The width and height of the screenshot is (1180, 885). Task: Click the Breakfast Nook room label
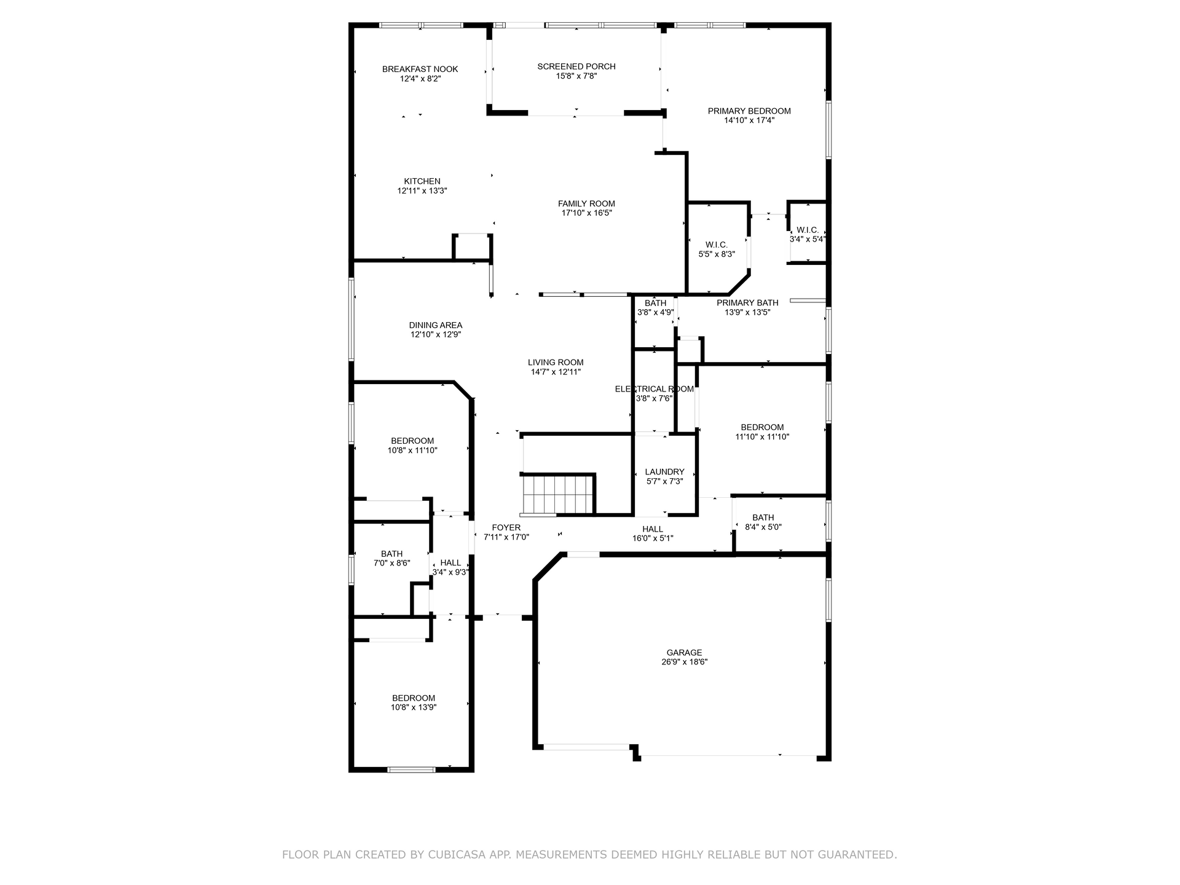(x=420, y=69)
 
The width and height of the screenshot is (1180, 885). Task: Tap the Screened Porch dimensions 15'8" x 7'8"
(x=576, y=76)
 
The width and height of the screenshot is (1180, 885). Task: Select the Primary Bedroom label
(x=749, y=111)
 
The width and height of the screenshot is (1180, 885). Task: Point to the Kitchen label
(x=422, y=181)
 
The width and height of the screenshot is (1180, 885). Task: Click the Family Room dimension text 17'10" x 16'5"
(x=586, y=213)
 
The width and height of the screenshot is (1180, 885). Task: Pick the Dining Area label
(x=436, y=325)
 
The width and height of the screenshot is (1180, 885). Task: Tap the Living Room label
(x=556, y=363)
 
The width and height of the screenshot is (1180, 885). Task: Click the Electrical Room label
(x=655, y=389)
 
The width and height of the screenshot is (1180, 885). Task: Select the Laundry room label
(x=665, y=472)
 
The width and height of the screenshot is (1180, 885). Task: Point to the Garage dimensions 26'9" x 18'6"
(x=684, y=663)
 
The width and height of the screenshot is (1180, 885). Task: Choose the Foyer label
(x=506, y=527)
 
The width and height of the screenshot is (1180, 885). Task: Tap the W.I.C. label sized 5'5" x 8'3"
(x=717, y=245)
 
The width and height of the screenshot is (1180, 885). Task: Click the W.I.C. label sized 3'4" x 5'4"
(x=808, y=230)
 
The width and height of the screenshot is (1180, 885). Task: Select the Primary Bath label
(x=747, y=302)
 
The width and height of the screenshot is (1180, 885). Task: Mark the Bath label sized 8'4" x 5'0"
(x=763, y=517)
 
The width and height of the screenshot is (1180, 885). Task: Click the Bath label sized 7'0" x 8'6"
(x=391, y=554)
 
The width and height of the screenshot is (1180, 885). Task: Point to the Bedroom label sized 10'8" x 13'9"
(x=414, y=698)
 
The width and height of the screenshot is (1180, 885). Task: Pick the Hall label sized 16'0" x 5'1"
(x=653, y=529)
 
